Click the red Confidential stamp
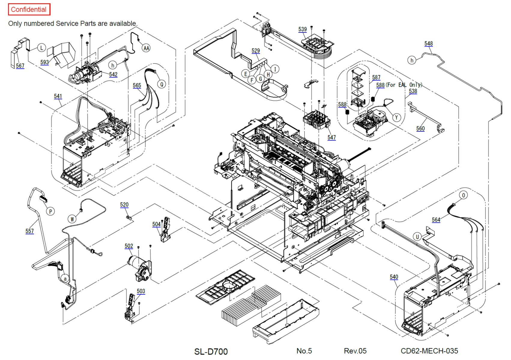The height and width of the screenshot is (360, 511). tap(29, 9)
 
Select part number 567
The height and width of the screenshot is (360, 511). tap(20, 66)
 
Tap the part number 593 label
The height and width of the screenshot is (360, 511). tap(44, 62)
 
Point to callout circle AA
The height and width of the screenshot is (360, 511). tap(146, 48)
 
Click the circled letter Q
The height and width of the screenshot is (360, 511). tap(162, 84)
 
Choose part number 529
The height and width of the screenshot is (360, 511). tap(256, 51)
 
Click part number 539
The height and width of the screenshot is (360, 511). tap(303, 29)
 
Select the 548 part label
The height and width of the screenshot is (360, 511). tap(429, 43)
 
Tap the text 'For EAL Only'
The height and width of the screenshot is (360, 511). tap(404, 85)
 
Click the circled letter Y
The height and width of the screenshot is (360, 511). tap(397, 117)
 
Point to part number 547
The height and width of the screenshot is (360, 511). tap(332, 137)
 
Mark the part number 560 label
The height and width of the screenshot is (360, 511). tap(421, 128)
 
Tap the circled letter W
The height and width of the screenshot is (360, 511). tap(72, 219)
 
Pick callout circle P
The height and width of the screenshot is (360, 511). tap(50, 211)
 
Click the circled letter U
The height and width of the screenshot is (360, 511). tap(417, 236)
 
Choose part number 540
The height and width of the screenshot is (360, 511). tap(394, 277)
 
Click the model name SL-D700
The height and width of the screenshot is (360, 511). tap(211, 351)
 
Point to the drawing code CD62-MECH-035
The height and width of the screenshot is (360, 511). tap(429, 351)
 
